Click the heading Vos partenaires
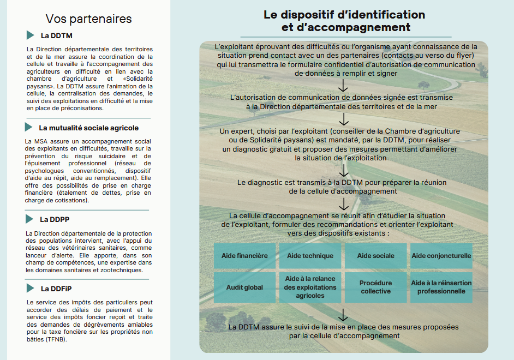point(89,19)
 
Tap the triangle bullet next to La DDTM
point(31,35)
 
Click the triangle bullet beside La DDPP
point(30,219)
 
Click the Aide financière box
point(244,256)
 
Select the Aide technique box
point(310,256)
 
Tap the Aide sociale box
point(375,256)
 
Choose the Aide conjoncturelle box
point(441,256)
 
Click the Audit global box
point(244,287)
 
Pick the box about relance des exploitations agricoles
point(310,287)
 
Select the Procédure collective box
point(375,287)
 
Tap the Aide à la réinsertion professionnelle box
point(441,287)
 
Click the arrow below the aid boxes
point(343,315)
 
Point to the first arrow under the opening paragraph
point(343,86)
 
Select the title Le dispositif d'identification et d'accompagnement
point(344,21)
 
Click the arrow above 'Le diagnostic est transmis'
point(343,170)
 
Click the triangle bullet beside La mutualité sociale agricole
point(28,127)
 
